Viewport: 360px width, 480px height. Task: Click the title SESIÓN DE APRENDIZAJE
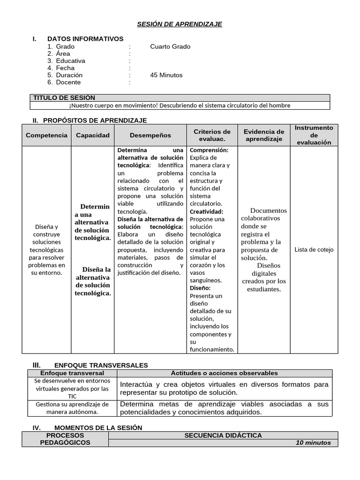pos(180,24)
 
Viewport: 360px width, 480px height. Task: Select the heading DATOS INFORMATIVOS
pos(85,39)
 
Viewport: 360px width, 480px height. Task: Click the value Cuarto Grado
pos(170,46)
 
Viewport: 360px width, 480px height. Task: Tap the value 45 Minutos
pos(166,75)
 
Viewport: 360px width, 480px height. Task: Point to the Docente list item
pos(68,82)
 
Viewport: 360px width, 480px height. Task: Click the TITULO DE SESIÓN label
pos(64,97)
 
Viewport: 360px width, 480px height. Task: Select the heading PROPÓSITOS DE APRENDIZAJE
pos(95,120)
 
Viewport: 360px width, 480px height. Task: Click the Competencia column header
pos(46,135)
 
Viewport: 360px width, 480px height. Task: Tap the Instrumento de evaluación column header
pos(314,135)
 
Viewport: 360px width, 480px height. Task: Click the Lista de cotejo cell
pos(314,249)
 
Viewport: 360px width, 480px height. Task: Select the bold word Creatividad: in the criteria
pos(206,211)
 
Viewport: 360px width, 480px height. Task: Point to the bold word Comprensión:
pos(209,150)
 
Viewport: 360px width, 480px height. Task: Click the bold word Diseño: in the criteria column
pos(200,288)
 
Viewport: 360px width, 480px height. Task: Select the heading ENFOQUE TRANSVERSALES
pos(101,365)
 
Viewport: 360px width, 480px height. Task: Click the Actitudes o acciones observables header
pos(224,373)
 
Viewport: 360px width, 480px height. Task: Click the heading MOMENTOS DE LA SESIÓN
pos(98,427)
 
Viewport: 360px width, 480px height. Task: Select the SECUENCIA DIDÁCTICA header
pos(223,435)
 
